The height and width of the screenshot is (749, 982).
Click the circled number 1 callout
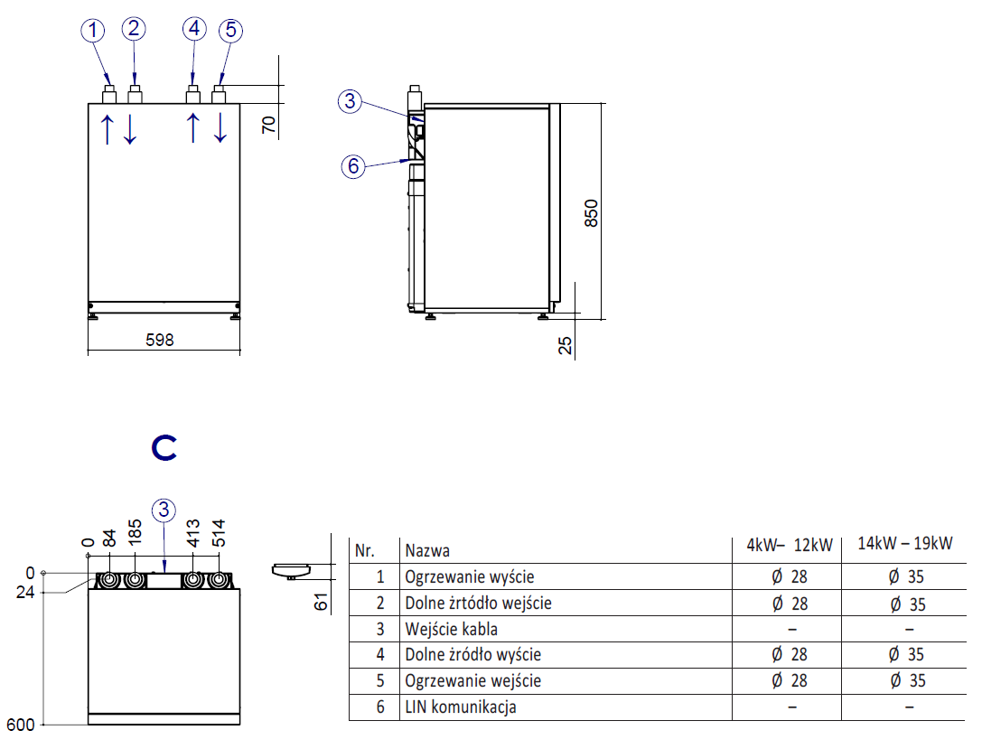point(92,31)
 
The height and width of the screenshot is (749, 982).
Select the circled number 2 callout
point(134,28)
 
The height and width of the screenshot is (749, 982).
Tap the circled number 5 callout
point(230,31)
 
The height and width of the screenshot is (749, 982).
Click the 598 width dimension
point(159,341)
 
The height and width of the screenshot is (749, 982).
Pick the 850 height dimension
point(591,212)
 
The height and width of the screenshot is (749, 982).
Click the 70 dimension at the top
point(268,124)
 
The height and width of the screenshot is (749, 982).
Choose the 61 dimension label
point(320,599)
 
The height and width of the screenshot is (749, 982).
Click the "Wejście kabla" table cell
point(452,629)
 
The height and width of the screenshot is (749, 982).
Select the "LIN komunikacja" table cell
point(461,707)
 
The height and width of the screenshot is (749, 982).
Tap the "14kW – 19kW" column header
point(904,544)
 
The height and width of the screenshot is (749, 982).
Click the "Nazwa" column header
point(427,550)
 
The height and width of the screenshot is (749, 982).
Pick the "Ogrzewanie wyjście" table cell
point(470,576)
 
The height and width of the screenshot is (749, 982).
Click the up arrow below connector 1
point(107,129)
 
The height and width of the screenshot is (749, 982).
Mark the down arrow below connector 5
point(221,129)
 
